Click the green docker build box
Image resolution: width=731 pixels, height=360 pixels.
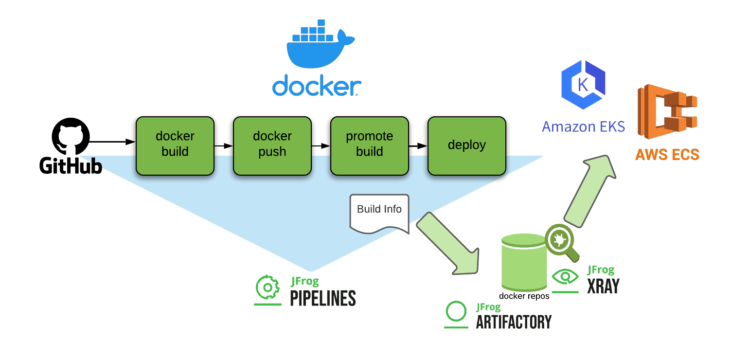coord(175,145)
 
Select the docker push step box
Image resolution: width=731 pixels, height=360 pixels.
coord(272,145)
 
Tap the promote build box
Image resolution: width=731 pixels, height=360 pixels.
coord(370,145)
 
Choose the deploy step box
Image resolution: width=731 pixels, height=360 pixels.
coord(467,145)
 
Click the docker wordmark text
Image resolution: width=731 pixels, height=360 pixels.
coord(317,86)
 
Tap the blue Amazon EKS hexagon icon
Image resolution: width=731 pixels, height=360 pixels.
coord(583,85)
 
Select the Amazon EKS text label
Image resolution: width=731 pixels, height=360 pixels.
coord(583,127)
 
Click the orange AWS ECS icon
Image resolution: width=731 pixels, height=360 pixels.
coord(667,111)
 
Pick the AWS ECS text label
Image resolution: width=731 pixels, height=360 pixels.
coord(667,155)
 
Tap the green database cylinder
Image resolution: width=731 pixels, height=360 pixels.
coord(524,263)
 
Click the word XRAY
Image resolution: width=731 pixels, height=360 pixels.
coord(603,286)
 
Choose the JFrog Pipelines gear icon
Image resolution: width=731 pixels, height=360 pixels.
coord(267,288)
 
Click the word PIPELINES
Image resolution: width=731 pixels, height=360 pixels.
coord(323,298)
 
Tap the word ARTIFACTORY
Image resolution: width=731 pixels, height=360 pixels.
coord(514,322)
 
